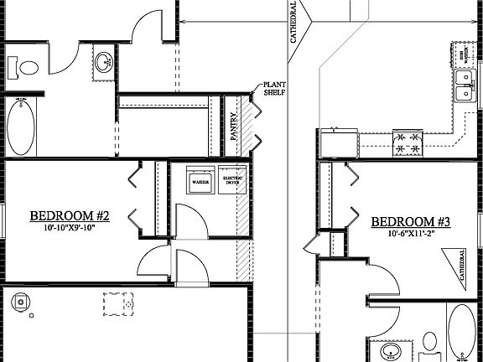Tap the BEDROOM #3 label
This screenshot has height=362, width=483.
411,222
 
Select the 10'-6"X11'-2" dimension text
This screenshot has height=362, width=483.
411,235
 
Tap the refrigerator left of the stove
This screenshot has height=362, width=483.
338,143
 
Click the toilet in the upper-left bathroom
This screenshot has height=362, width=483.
23,65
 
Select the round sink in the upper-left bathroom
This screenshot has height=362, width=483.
104,61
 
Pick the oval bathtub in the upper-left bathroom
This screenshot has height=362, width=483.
22,127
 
